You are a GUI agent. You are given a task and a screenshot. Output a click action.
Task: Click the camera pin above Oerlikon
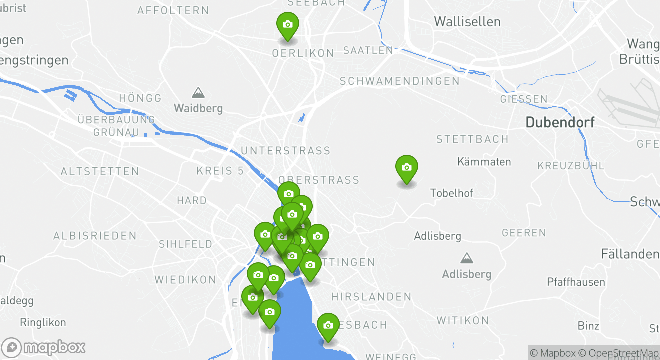pos(288,25)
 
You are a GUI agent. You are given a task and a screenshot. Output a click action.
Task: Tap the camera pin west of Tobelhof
pos(407,168)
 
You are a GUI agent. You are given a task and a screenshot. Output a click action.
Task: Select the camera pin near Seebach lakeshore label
pos(328,326)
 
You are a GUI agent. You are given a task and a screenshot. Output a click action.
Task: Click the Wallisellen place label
pos(467,21)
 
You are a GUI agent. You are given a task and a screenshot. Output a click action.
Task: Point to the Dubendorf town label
pos(560,122)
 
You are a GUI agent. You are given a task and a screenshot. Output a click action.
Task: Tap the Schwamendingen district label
pos(399,81)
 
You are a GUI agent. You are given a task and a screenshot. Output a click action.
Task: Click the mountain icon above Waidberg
pos(198,93)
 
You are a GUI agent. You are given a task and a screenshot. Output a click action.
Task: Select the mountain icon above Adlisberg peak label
pos(467,258)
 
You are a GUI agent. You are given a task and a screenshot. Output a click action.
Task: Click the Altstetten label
pos(100,171)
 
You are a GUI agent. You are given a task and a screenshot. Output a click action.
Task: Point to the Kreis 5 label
pos(220,171)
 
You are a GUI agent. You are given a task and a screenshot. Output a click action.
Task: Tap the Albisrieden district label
pos(95,236)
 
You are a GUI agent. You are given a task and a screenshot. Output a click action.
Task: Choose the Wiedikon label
pos(185,279)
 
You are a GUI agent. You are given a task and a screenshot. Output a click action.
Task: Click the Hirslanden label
pos(371,297)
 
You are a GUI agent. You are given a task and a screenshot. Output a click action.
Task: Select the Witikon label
pos(463,320)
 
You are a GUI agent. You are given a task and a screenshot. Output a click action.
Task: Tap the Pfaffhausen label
pos(576,282)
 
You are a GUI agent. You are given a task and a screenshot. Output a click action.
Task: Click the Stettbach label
pos(472,139)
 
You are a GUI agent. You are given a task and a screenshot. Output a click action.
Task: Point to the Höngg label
pos(141,98)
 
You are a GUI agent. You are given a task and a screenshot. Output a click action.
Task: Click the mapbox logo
pos(44,347)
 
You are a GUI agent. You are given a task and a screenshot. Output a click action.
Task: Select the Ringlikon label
pos(43,323)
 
